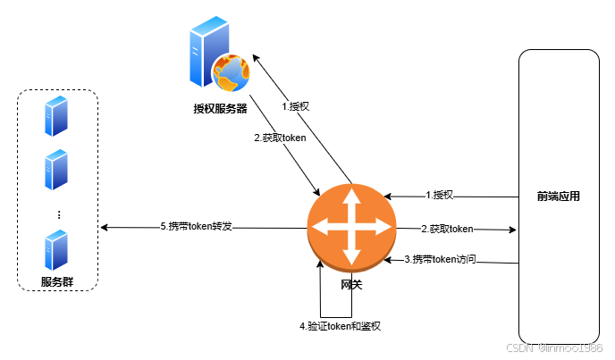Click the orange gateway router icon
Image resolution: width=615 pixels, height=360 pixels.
(x=351, y=226)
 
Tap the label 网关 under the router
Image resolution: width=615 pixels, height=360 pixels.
(x=351, y=284)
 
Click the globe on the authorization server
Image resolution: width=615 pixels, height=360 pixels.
(x=230, y=73)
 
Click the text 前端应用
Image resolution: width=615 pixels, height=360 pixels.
(x=559, y=196)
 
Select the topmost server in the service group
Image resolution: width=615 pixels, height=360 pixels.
(x=56, y=117)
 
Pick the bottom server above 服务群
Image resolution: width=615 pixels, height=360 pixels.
(x=56, y=248)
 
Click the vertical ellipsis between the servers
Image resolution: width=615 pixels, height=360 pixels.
(x=58, y=214)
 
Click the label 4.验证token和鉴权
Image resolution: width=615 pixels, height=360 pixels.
(x=341, y=326)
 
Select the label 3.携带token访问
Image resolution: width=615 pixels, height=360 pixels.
(x=440, y=259)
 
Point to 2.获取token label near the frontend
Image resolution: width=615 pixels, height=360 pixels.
(x=447, y=229)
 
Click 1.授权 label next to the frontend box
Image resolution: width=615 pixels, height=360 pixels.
(x=440, y=195)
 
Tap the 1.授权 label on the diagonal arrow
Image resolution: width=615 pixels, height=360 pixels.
(x=295, y=106)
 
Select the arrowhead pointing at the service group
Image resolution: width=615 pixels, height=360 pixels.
(x=105, y=228)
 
